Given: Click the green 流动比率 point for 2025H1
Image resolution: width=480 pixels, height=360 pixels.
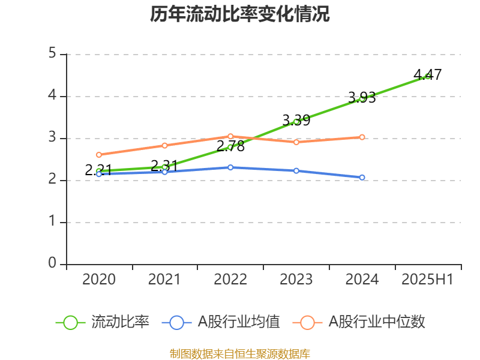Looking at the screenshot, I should point(428,76).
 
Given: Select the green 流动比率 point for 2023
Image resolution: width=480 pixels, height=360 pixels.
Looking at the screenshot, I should point(296,121).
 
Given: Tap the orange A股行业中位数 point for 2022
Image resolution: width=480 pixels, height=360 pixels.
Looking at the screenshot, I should point(230,136).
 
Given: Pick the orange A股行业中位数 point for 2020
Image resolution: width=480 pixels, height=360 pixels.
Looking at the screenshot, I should point(99,155).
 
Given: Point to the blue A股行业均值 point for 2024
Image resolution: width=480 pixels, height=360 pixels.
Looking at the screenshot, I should point(362,178).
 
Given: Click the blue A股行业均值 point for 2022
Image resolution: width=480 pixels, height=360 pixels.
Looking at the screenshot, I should point(230,167).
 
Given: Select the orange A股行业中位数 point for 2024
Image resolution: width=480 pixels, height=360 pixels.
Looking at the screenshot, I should point(362,137).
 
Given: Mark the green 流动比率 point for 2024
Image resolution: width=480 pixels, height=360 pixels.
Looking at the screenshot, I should point(362,98).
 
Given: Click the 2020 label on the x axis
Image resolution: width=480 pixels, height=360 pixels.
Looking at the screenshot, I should point(99,280).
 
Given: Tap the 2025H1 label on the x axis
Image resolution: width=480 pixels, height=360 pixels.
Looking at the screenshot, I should point(427,280).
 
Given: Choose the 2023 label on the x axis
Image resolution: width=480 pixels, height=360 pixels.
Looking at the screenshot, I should point(296,280).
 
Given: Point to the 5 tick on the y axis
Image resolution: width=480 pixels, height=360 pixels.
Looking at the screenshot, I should point(52,54).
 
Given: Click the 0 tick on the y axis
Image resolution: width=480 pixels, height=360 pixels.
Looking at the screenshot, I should point(52,264).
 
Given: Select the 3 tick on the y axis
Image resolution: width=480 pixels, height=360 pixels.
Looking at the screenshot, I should point(52,138).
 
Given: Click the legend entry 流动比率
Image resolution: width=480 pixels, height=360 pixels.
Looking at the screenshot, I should point(102,322).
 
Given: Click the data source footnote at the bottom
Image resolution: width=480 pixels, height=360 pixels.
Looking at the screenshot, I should point(240,353).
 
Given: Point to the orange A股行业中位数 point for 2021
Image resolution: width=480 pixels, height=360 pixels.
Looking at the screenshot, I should point(164,145).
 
